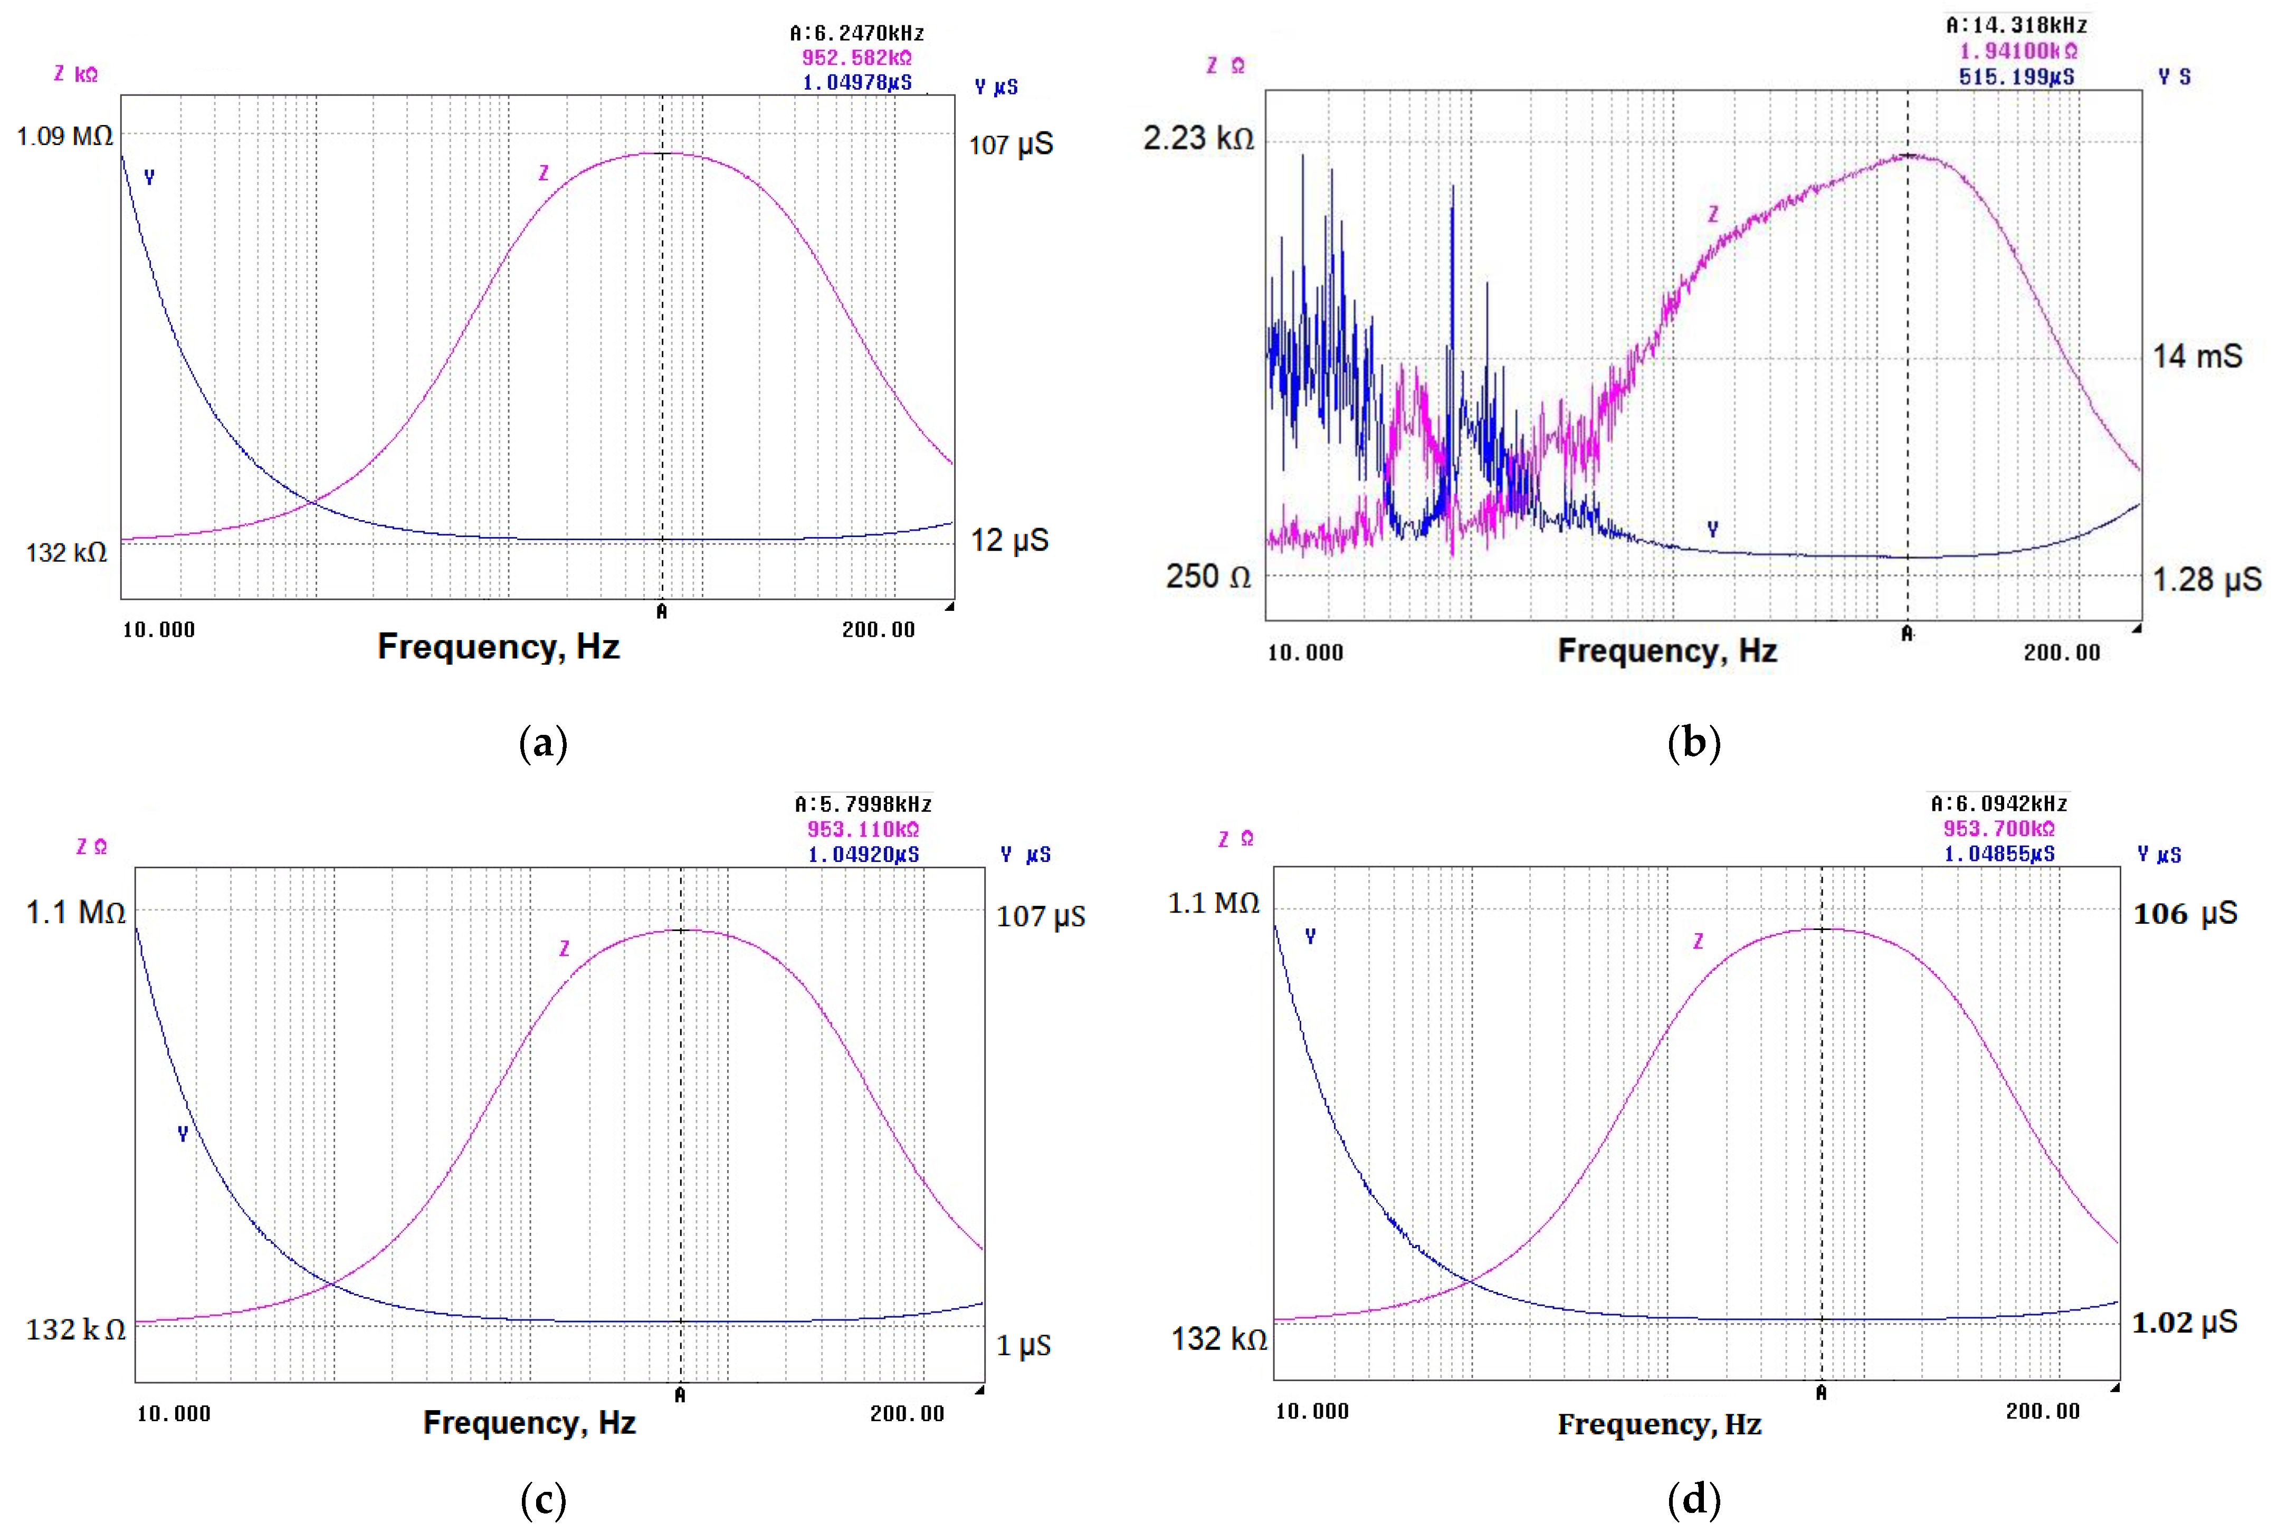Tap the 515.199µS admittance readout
tap(2016, 76)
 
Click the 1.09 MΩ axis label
tap(64, 136)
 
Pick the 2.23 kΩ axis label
tap(1199, 138)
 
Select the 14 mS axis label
tap(2197, 356)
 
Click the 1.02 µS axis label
tap(2184, 1323)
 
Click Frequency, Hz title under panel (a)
tap(499, 646)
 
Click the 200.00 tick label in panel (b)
tap(2061, 652)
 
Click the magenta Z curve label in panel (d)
tap(1698, 941)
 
